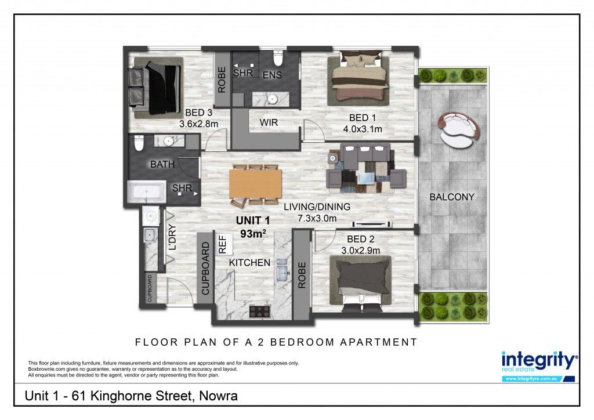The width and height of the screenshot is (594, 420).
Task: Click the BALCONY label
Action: (x=451, y=197)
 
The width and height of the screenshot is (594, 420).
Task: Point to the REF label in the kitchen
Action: (x=222, y=244)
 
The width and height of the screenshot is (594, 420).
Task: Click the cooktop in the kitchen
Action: (x=259, y=312)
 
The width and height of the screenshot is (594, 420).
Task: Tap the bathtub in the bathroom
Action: (x=147, y=191)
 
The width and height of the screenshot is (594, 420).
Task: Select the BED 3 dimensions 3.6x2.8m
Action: (x=198, y=124)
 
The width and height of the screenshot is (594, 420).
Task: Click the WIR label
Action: (x=269, y=123)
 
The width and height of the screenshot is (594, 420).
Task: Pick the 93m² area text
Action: (x=253, y=234)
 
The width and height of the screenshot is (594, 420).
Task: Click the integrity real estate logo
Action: (x=539, y=366)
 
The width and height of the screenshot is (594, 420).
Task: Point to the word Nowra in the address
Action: (x=219, y=396)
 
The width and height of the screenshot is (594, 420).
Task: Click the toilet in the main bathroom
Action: (x=139, y=143)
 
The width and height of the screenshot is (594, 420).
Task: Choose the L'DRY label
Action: (x=172, y=237)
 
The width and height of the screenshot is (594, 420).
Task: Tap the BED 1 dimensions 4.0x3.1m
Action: (x=363, y=129)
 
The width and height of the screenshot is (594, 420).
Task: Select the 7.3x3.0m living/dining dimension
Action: (x=317, y=219)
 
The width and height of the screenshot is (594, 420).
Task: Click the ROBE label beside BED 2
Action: (x=302, y=276)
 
